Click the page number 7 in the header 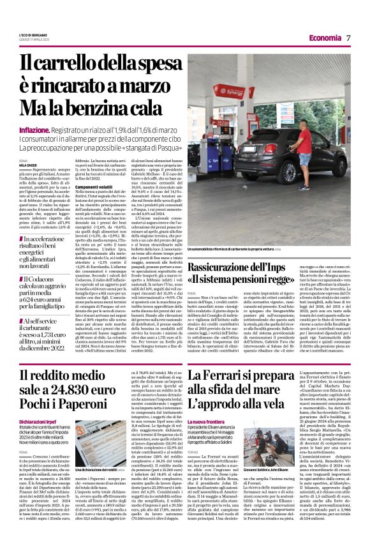(349, 38)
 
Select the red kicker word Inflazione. (36, 130)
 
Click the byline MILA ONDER (29, 163)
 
